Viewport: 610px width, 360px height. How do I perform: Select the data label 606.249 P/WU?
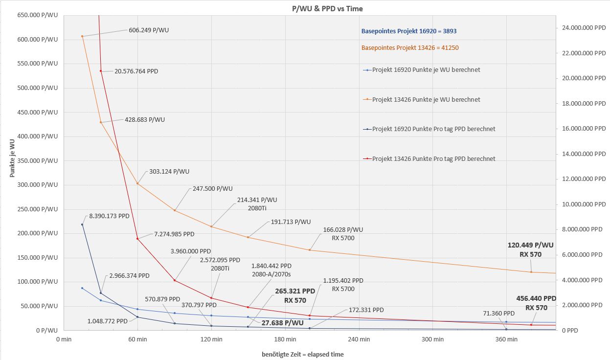click(149, 30)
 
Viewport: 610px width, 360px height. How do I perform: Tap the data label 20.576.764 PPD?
click(136, 71)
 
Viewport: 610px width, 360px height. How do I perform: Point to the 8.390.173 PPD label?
click(109, 216)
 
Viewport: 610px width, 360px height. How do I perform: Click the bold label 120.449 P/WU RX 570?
click(531, 249)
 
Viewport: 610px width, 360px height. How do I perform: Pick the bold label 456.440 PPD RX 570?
click(536, 303)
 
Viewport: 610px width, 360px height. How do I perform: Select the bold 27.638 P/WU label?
click(282, 323)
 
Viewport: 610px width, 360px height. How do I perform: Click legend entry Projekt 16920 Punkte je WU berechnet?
click(426, 70)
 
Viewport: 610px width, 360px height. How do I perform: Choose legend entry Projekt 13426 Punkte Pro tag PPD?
click(433, 159)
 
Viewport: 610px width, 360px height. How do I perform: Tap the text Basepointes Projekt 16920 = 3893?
click(409, 31)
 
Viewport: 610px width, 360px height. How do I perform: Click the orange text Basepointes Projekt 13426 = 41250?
click(410, 48)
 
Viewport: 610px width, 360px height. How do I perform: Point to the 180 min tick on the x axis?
click(285, 339)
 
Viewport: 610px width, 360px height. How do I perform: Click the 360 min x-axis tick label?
click(506, 339)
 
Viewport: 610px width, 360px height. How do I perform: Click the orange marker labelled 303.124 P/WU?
click(137, 183)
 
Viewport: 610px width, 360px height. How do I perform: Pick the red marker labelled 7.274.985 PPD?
click(137, 239)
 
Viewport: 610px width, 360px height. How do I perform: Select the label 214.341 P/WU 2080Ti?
click(257, 203)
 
